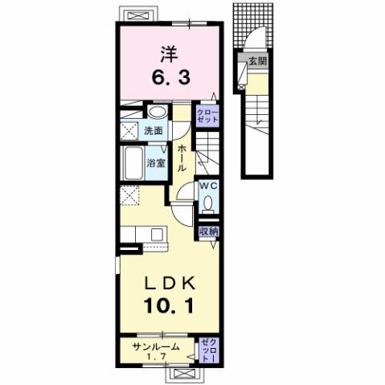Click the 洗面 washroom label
(x=154, y=131)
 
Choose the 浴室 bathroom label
(x=155, y=162)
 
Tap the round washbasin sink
(x=157, y=113)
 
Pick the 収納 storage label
(x=208, y=232)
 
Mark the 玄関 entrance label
(x=255, y=61)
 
